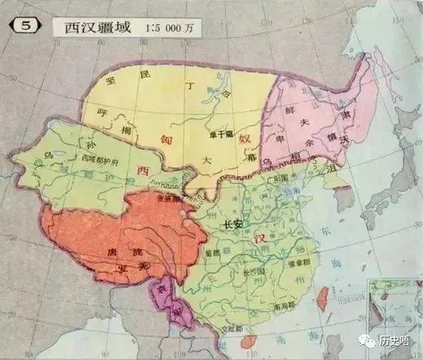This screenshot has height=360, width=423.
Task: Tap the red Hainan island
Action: click(249, 341)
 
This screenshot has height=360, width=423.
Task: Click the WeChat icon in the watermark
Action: click(369, 341)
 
